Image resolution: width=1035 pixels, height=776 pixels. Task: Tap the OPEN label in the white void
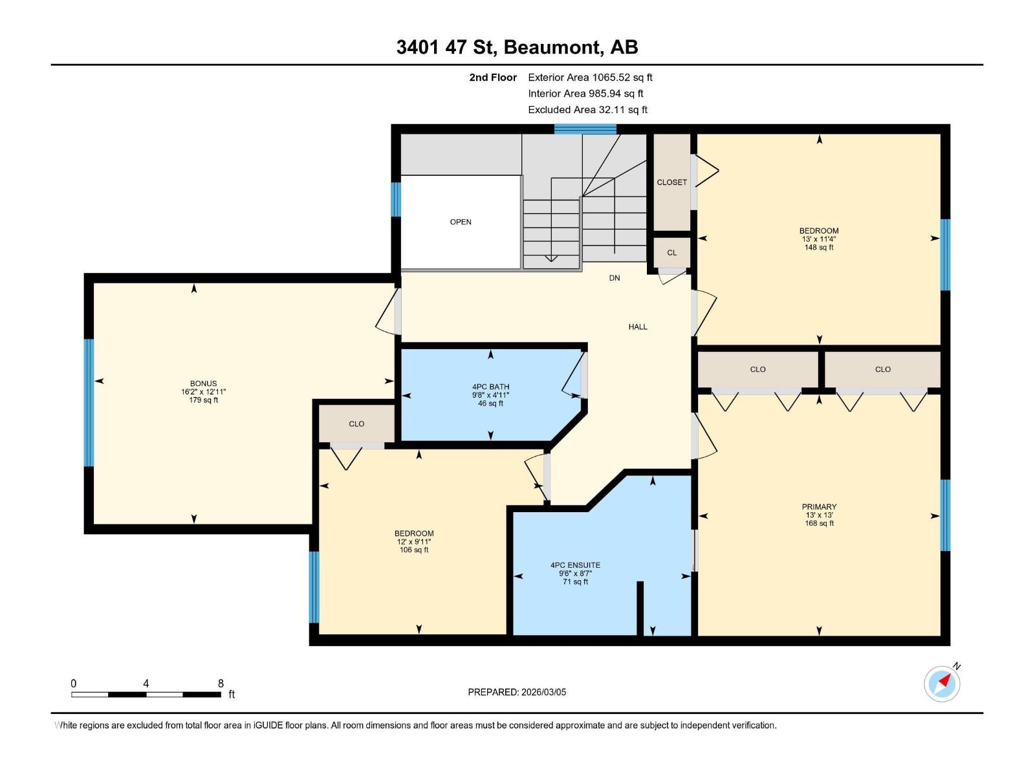(x=461, y=222)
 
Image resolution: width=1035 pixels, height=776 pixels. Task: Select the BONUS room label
(x=203, y=383)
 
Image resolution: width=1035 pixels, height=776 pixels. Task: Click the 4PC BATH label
(x=490, y=387)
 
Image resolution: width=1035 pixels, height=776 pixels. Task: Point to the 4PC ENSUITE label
(x=575, y=565)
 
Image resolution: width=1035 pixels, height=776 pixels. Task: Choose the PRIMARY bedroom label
(x=819, y=507)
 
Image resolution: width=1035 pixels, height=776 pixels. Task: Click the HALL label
(x=638, y=327)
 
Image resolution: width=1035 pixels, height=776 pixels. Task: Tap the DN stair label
(x=615, y=278)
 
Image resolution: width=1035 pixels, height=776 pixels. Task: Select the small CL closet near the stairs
(x=672, y=252)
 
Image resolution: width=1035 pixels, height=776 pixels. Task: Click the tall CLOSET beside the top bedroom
(x=672, y=182)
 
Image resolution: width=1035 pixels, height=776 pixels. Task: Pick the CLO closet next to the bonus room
(x=356, y=424)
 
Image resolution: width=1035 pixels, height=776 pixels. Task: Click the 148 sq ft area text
(x=819, y=248)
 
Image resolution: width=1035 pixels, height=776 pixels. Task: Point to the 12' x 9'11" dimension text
(x=414, y=542)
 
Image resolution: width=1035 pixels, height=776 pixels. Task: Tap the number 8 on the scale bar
(x=221, y=684)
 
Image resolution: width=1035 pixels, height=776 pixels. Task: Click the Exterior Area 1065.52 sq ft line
(x=590, y=78)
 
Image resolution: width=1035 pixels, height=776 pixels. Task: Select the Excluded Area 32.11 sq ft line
(x=587, y=110)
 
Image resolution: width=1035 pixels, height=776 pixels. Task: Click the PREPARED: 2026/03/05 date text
(x=517, y=692)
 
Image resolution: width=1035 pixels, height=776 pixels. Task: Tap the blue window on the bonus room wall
(x=89, y=402)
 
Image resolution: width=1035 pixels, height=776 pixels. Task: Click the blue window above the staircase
(x=585, y=129)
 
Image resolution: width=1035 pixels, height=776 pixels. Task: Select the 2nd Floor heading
(x=493, y=78)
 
